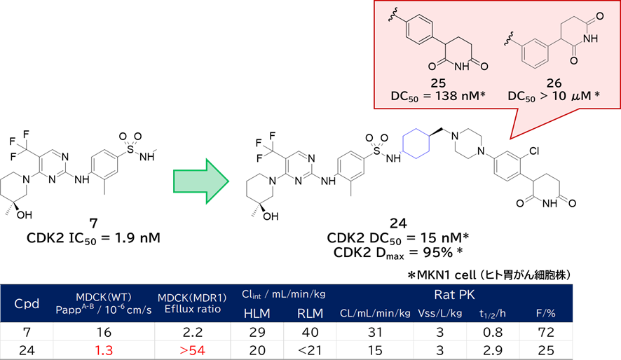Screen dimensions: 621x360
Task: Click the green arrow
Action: pyautogui.click(x=201, y=181)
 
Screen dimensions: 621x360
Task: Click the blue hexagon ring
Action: pyautogui.click(x=416, y=144)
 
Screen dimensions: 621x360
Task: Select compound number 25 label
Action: pyautogui.click(x=439, y=83)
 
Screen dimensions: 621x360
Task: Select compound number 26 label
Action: pyautogui.click(x=554, y=83)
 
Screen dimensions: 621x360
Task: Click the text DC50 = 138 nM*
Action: pyautogui.click(x=439, y=95)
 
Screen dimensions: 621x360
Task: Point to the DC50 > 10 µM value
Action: pyautogui.click(x=554, y=95)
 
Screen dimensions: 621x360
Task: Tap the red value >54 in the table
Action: pyautogui.click(x=192, y=349)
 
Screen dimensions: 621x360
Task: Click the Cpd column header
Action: pyautogui.click(x=27, y=304)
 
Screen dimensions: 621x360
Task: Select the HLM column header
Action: pyautogui.click(x=257, y=314)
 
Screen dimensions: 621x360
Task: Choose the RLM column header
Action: pyautogui.click(x=310, y=314)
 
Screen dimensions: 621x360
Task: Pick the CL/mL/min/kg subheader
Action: pyautogui.click(x=375, y=313)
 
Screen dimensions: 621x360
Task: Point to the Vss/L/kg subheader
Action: pyautogui.click(x=439, y=313)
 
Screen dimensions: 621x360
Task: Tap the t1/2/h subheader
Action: pyautogui.click(x=493, y=313)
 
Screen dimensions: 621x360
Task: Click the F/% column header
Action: pyautogui.click(x=545, y=313)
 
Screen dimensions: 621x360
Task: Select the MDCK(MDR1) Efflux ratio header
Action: pyautogui.click(x=192, y=303)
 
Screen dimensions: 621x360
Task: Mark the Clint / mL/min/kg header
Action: pyautogui.click(x=283, y=294)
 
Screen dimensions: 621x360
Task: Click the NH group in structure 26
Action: pyautogui.click(x=590, y=39)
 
